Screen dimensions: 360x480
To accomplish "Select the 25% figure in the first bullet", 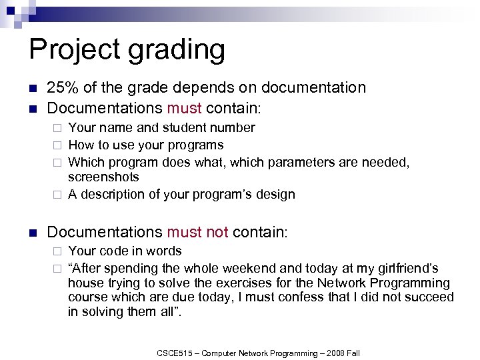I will (x=62, y=87).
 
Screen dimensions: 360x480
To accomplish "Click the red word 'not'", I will (x=215, y=232).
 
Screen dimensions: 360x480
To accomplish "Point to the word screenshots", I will (x=103, y=177).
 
